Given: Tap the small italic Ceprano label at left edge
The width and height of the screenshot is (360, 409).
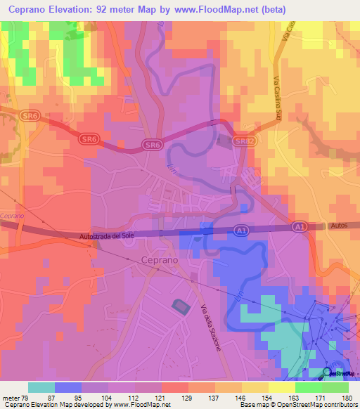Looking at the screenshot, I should tap(12, 216).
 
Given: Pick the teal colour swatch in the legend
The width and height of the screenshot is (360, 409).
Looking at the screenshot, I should tap(41, 387).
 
